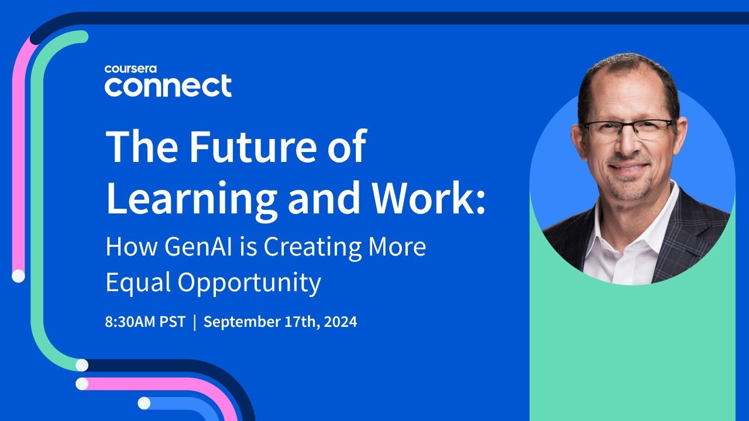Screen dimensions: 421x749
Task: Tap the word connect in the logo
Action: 168,86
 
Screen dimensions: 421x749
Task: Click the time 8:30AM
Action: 131,322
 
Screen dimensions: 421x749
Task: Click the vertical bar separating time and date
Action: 194,322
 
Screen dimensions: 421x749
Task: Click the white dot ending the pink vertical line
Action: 18,275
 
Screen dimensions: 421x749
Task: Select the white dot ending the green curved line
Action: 82,365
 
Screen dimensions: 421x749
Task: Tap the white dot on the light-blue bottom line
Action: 144,403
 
